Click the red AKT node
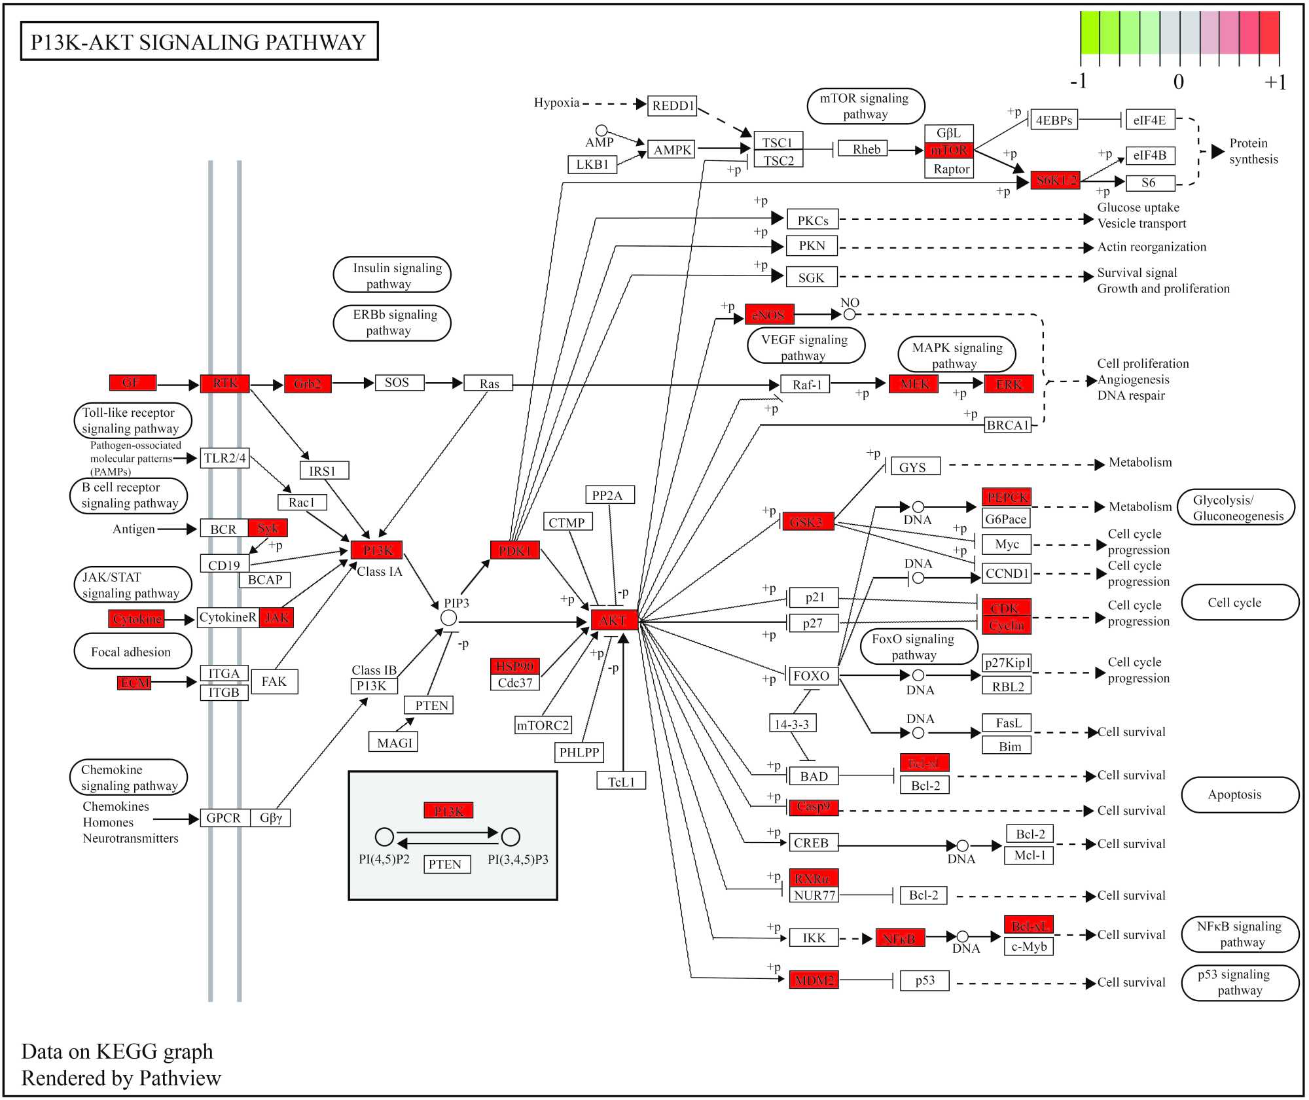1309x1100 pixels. click(614, 620)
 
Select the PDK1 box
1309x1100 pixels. click(514, 550)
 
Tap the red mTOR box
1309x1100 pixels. click(949, 151)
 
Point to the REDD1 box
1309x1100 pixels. click(672, 105)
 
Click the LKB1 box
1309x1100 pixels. click(592, 164)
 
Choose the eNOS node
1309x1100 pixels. click(769, 315)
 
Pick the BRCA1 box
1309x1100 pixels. click(1007, 425)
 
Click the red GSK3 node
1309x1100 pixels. click(807, 522)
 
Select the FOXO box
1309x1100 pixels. click(812, 675)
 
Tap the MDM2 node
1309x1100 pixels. click(814, 980)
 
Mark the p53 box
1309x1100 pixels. click(924, 980)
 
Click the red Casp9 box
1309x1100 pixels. click(814, 807)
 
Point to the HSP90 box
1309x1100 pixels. click(515, 666)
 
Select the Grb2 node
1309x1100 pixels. click(308, 383)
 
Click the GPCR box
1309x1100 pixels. click(224, 817)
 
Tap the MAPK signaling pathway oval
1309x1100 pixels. click(956, 355)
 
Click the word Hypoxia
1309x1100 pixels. click(556, 103)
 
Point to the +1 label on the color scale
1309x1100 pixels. click(1274, 82)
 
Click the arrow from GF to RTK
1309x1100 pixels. click(177, 385)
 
